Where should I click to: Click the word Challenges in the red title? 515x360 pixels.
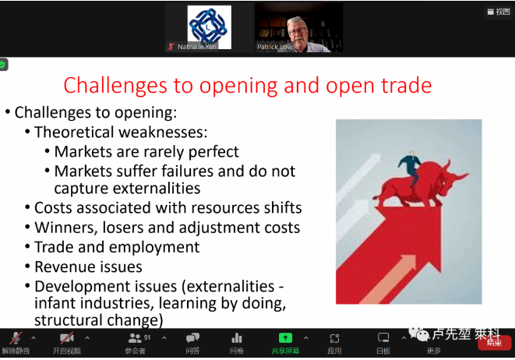[x=115, y=86]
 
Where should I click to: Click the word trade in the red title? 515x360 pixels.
[x=406, y=85]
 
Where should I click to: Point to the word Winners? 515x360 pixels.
[x=66, y=228]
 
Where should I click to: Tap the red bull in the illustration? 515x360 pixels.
[x=421, y=185]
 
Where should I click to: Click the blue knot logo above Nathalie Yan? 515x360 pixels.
[x=210, y=27]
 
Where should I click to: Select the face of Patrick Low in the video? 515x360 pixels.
[x=298, y=33]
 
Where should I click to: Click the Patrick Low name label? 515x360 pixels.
[x=274, y=47]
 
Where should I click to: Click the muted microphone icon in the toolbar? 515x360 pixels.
[x=16, y=337]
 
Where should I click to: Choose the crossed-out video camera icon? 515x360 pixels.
[x=67, y=337]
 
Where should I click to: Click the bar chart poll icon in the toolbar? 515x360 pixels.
[x=237, y=337]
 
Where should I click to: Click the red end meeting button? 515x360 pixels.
[x=495, y=343]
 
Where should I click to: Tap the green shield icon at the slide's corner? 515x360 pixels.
[x=3, y=65]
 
